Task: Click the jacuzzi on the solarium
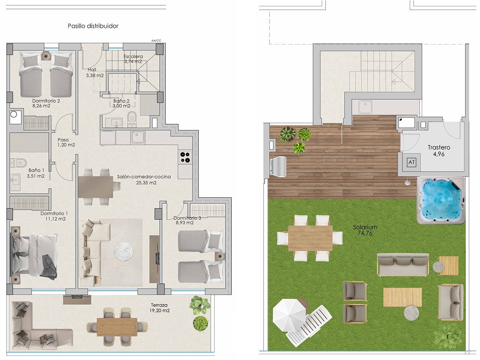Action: (441, 200)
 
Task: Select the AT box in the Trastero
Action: (411, 162)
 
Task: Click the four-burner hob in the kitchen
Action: (184, 157)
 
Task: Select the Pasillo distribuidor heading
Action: (93, 26)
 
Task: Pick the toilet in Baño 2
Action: (131, 117)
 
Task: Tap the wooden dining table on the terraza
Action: (117, 326)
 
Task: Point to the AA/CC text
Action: (156, 40)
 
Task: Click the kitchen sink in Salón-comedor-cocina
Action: (137, 137)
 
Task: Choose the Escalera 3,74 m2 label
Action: (133, 59)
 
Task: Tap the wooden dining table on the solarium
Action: (310, 238)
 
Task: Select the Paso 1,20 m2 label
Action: (66, 142)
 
